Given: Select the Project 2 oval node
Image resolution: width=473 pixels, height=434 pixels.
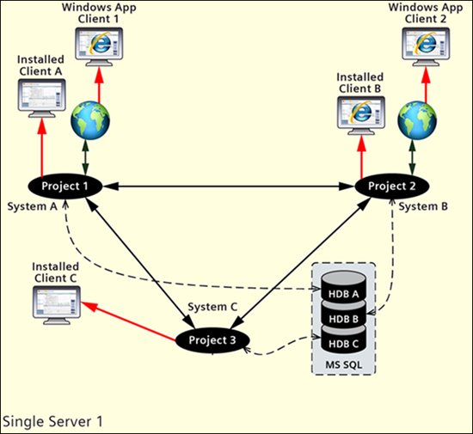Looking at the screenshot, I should click(392, 186).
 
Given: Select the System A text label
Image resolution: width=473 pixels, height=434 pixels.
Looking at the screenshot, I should click(32, 207).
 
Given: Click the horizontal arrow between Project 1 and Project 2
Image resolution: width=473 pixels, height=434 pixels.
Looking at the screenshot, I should click(229, 186).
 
